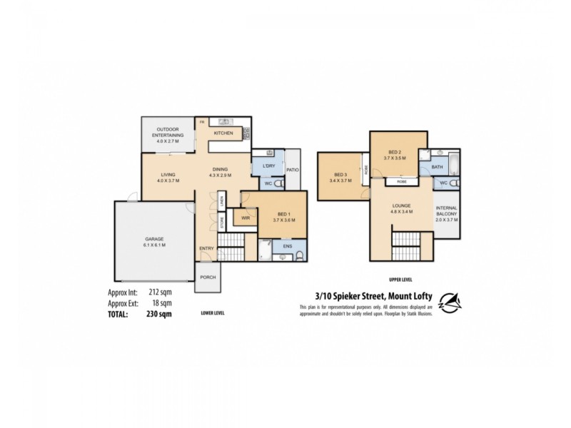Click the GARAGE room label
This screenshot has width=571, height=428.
click(x=155, y=239)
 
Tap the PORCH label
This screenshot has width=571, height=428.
click(x=208, y=277)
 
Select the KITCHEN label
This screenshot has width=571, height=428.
click(x=223, y=133)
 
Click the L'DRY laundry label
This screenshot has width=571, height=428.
click(x=268, y=166)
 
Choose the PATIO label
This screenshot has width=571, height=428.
click(x=291, y=170)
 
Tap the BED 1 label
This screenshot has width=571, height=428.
click(x=283, y=215)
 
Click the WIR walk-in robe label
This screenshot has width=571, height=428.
click(x=245, y=218)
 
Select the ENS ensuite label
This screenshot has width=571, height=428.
click(x=288, y=246)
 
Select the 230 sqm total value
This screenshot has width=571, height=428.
click(x=159, y=313)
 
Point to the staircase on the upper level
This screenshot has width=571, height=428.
click(x=407, y=247)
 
